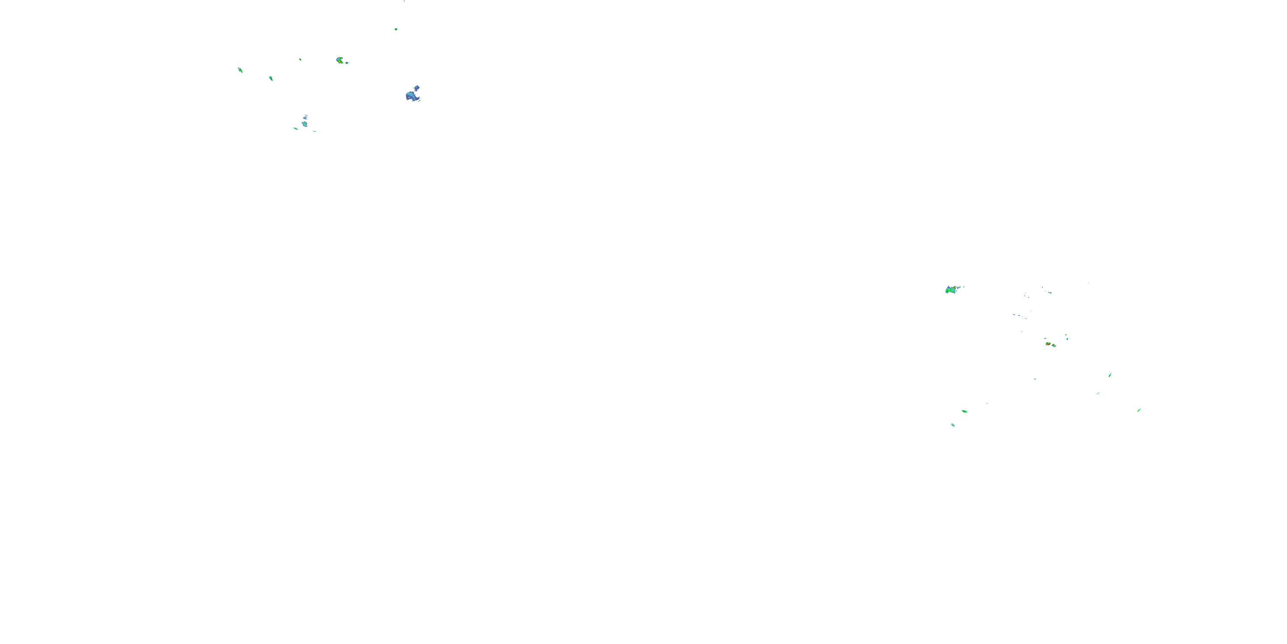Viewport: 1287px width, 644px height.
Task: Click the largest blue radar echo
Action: (412, 95)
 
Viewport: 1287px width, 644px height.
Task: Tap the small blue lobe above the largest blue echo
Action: (417, 88)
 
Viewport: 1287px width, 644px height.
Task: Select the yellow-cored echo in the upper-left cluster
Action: (340, 61)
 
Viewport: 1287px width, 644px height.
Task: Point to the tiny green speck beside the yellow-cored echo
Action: (347, 63)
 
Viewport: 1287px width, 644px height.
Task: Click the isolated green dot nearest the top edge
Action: (396, 29)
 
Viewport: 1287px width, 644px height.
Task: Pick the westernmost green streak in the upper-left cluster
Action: (240, 70)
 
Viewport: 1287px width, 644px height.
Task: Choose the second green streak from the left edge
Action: (271, 78)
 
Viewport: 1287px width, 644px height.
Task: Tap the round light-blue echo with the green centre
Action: (304, 124)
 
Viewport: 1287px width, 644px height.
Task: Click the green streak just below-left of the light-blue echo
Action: (296, 128)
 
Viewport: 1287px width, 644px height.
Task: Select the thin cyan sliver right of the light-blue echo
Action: (314, 131)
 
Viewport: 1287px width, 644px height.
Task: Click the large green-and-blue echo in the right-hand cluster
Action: (951, 289)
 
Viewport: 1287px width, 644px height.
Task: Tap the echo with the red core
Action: (1048, 343)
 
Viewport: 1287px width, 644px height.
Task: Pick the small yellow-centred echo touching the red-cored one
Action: (1053, 345)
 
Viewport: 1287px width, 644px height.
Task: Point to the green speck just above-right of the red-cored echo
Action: (1066, 338)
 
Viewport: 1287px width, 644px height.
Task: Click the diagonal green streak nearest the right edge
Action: (1139, 410)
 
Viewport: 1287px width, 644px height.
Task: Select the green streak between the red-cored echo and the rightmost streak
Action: (1110, 374)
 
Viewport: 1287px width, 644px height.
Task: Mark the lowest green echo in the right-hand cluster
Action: (953, 425)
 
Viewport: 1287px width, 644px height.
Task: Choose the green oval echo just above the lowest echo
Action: (964, 411)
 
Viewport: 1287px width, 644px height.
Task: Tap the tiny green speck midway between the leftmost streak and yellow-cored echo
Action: (300, 60)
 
